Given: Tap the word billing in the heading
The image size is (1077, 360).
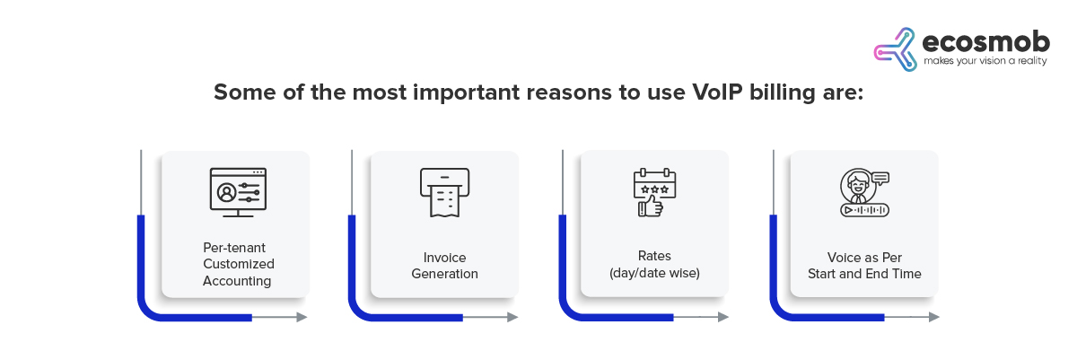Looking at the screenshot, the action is (783, 93).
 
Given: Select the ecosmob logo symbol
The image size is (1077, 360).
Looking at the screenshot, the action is (895, 49).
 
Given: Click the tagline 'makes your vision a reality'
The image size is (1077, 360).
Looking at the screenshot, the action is (985, 61).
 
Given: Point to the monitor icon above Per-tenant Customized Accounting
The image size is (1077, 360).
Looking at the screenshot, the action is (238, 192).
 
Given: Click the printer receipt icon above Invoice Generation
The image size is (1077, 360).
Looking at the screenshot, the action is (445, 192).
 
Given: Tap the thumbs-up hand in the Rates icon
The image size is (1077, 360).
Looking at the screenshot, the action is (652, 206).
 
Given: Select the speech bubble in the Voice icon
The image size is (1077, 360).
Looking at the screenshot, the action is (880, 179).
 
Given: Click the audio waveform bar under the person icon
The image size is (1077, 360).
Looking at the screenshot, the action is (864, 210).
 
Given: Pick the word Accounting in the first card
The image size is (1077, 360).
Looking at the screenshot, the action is (237, 281).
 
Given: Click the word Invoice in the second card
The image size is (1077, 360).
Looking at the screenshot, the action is (445, 258).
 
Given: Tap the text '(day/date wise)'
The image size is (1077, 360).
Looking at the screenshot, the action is (654, 273).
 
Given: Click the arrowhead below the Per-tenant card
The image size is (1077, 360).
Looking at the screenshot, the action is (302, 317).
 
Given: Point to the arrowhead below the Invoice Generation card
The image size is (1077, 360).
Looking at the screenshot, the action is (513, 317).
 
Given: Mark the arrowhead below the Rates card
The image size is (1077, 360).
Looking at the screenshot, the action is (723, 317).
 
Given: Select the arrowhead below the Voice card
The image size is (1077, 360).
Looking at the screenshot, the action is (934, 317).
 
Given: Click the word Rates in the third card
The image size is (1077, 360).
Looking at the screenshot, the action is (654, 256).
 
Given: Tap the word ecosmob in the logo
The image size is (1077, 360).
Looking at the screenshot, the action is (986, 42).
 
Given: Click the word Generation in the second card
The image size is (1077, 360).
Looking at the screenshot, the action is (445, 274).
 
